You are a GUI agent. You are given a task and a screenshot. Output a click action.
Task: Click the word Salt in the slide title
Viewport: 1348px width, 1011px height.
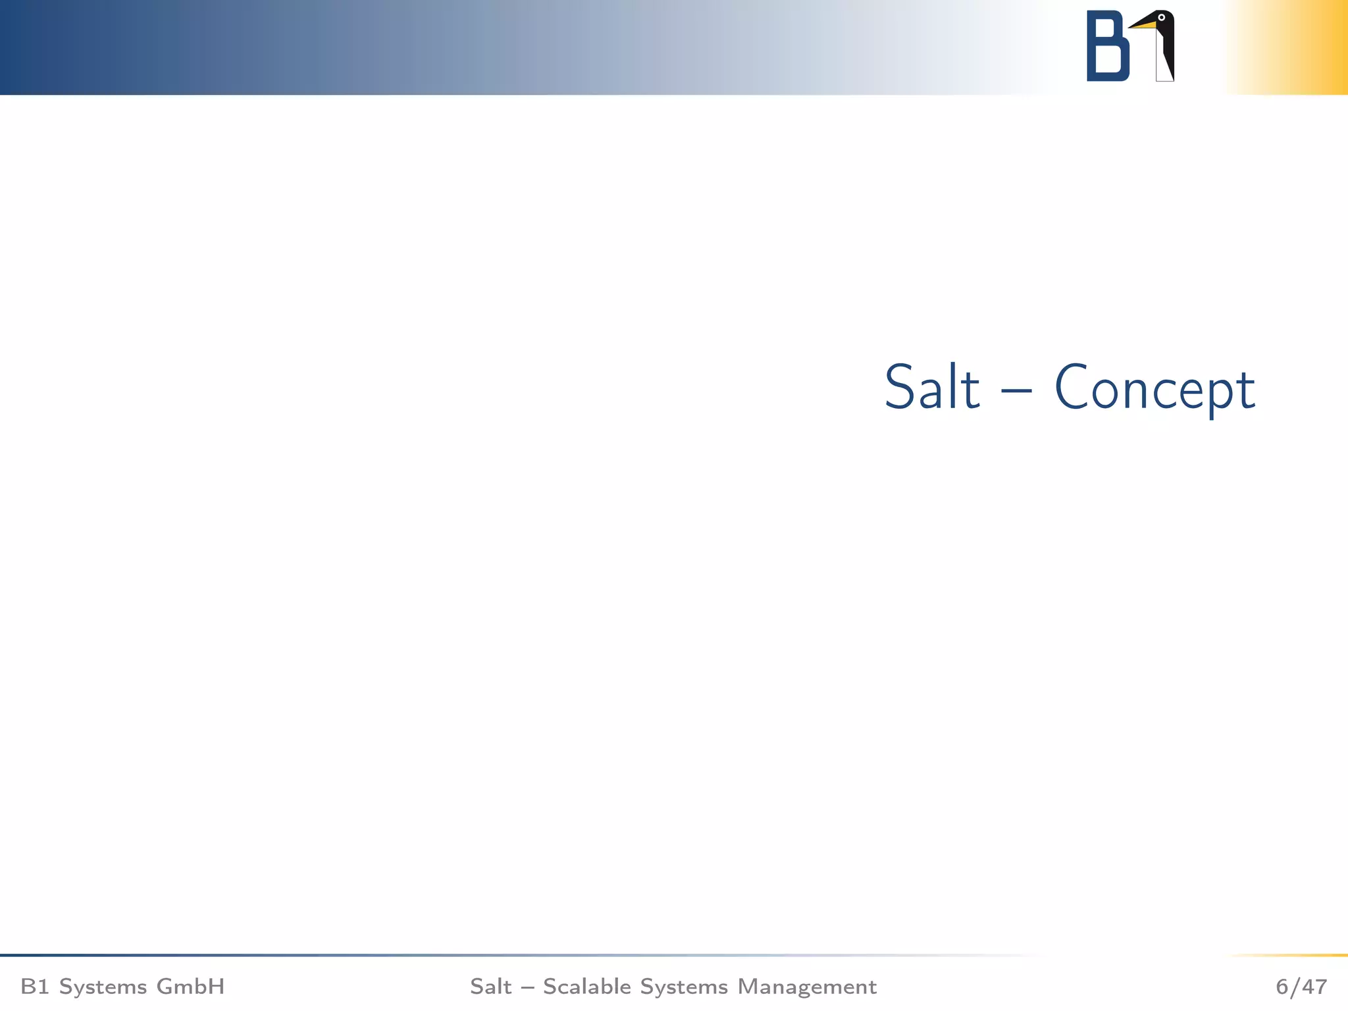click(932, 388)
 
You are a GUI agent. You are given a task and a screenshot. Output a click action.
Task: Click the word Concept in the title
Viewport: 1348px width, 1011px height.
click(1155, 390)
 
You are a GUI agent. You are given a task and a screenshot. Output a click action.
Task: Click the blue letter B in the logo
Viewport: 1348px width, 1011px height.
click(1107, 47)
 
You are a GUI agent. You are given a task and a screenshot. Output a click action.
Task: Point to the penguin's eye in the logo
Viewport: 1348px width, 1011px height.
click(1162, 18)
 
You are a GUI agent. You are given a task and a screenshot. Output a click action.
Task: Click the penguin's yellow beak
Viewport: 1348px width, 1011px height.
click(1143, 25)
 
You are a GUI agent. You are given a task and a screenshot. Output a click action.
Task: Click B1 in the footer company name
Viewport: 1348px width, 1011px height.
click(34, 987)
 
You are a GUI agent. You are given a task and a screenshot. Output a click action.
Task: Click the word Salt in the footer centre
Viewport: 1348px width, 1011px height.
click(490, 987)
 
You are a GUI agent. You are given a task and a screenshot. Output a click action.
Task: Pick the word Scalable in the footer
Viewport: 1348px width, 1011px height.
click(587, 987)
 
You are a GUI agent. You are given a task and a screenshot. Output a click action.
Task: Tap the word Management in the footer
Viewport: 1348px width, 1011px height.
click(807, 987)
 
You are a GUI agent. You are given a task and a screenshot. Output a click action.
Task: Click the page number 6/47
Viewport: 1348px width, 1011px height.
click(1301, 987)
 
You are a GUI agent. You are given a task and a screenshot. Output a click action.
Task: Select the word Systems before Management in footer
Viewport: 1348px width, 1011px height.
click(684, 987)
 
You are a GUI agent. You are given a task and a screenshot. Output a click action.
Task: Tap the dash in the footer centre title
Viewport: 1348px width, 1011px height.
click(527, 987)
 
